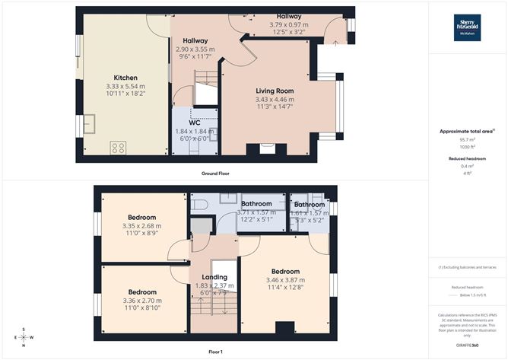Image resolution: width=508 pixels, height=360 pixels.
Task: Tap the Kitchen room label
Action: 125,78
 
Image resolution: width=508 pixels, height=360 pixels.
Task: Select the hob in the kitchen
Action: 118,148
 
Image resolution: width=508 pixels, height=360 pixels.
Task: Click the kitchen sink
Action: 88,123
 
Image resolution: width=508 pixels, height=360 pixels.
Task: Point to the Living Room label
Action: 275,91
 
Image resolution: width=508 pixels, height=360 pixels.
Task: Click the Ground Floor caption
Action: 215,174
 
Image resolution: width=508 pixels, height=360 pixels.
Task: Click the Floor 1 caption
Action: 215,352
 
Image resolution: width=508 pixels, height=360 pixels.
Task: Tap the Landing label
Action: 214,277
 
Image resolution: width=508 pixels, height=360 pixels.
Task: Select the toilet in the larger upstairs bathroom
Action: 199,205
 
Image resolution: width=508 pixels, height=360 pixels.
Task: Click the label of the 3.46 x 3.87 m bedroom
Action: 285,271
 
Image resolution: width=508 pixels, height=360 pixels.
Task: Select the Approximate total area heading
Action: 466,132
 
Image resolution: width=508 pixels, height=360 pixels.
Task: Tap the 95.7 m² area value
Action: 467,140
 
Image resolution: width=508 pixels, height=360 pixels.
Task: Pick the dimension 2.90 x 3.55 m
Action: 195,49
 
